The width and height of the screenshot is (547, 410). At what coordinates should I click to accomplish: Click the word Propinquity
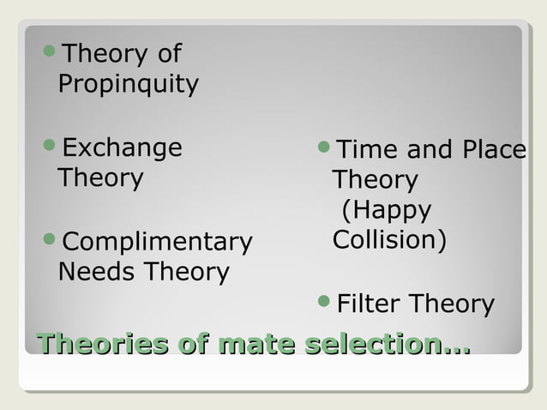click(x=128, y=85)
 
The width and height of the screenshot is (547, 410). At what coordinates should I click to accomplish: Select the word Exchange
click(x=123, y=148)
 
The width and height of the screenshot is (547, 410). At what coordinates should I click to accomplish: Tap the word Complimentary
click(x=158, y=242)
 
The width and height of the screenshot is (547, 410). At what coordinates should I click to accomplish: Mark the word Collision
click(x=388, y=239)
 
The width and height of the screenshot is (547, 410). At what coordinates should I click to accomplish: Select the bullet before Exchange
click(x=49, y=147)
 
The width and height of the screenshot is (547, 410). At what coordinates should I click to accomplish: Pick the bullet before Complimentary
click(x=49, y=240)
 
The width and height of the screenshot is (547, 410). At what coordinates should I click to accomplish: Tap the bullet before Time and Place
click(x=323, y=149)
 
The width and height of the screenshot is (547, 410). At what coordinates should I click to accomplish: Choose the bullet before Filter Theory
click(x=323, y=302)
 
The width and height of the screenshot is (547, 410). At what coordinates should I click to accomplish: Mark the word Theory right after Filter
click(x=452, y=304)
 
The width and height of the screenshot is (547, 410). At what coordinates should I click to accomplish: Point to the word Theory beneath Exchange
click(x=99, y=178)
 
